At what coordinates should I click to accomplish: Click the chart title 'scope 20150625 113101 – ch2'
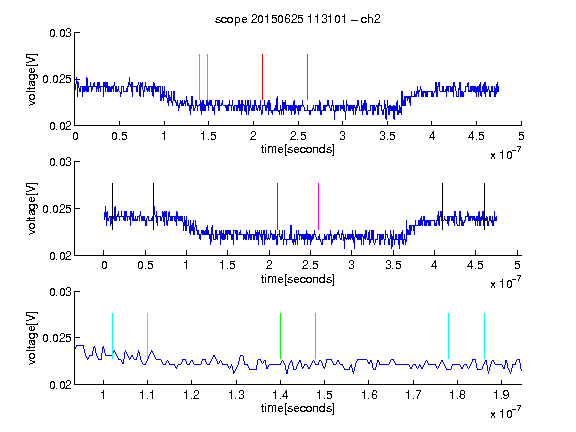point(298,19)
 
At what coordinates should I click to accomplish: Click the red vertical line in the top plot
point(262,77)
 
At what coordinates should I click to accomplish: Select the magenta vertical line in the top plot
point(307,77)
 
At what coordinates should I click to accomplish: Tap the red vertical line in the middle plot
point(277,206)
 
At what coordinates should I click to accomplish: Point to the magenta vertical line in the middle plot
point(318,206)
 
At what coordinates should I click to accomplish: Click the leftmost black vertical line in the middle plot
point(112,206)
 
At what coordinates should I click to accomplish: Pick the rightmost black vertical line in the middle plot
point(484,206)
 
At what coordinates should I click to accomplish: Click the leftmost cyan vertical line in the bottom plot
point(112,336)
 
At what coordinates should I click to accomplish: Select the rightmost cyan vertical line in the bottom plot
point(484,336)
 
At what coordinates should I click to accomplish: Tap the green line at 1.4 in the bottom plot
point(280,336)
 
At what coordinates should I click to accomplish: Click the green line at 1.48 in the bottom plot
point(315,336)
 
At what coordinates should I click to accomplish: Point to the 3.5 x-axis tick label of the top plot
point(387,136)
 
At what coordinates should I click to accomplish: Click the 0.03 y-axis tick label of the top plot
point(60,33)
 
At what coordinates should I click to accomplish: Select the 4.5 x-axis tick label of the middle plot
point(475,265)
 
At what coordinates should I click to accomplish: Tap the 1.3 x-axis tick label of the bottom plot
point(236,395)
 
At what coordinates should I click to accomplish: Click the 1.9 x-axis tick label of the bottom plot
point(501,395)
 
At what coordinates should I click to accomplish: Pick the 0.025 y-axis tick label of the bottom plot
point(57,338)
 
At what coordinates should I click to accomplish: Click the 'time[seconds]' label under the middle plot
point(298,279)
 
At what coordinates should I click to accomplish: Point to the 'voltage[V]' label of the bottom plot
point(32,338)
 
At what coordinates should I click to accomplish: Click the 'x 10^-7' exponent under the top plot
point(505,154)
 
